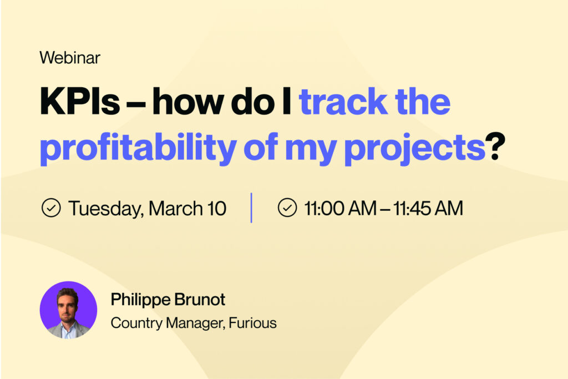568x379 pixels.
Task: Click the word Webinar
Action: tap(70, 58)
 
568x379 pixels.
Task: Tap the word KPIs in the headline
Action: tap(80, 102)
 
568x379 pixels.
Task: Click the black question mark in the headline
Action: tap(495, 146)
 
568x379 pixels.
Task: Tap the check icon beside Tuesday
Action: tap(51, 208)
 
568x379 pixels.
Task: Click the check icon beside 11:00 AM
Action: tap(287, 208)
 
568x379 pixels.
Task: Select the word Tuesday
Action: tap(106, 209)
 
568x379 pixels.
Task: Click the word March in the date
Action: tap(176, 208)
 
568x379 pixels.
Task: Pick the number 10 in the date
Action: tap(217, 209)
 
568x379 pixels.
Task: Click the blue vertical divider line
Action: tap(251, 208)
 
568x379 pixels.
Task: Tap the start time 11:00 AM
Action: tap(341, 209)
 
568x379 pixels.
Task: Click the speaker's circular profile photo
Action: tap(68, 310)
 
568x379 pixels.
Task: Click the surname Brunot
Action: tap(200, 299)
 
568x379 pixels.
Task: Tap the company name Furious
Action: tap(253, 323)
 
